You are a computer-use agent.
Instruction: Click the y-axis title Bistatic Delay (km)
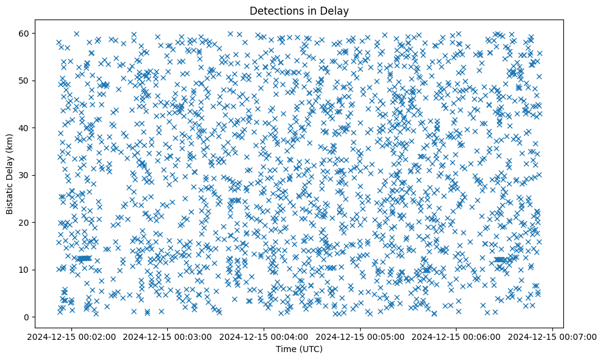click(x=10, y=174)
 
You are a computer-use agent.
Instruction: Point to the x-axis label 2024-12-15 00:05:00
click(x=359, y=336)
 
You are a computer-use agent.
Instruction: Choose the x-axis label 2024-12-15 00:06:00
click(x=456, y=336)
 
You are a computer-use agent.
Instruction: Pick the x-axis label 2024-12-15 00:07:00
click(x=552, y=336)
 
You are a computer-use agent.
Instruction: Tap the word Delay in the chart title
click(x=336, y=10)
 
